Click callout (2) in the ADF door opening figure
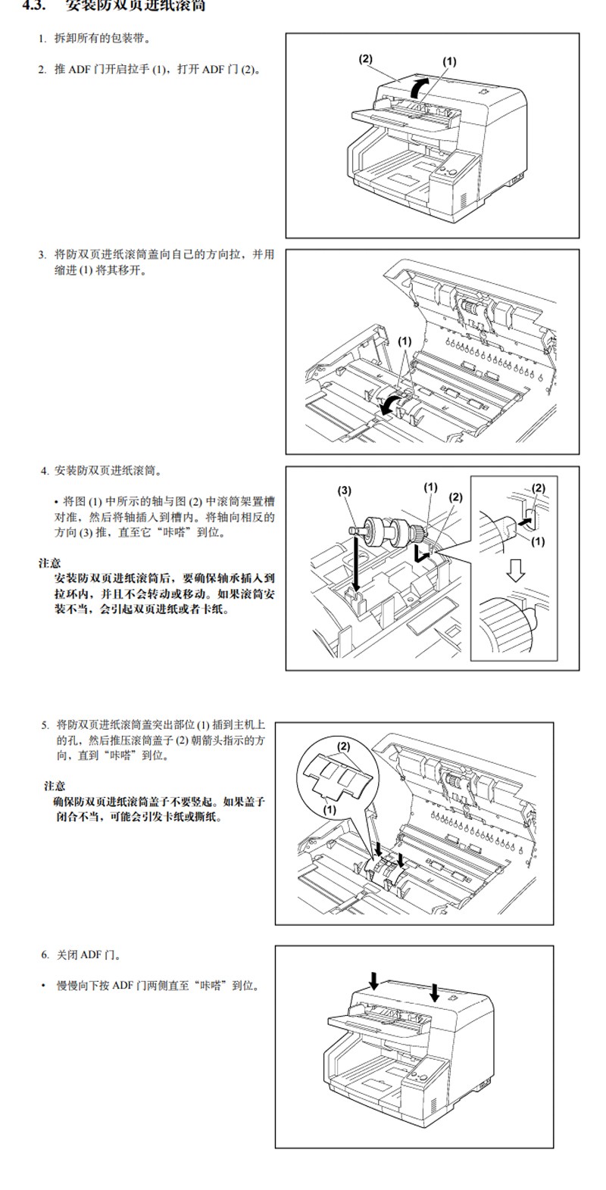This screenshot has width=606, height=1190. point(366,58)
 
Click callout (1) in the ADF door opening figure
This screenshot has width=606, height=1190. point(449,61)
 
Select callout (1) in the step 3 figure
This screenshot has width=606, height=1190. point(405,341)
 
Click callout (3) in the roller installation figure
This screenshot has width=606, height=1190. point(345,490)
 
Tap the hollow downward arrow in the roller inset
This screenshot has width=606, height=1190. point(516,570)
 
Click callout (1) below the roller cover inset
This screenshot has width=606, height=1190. point(330,809)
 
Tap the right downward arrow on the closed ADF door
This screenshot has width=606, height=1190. point(435,990)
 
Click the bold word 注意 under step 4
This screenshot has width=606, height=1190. point(50,563)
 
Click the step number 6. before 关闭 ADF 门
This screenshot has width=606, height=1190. point(45,955)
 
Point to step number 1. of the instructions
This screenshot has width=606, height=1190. point(42,38)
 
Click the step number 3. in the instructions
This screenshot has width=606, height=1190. point(42,254)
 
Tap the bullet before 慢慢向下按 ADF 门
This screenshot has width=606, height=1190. point(44,986)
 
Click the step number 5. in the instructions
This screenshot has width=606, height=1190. point(45,724)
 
